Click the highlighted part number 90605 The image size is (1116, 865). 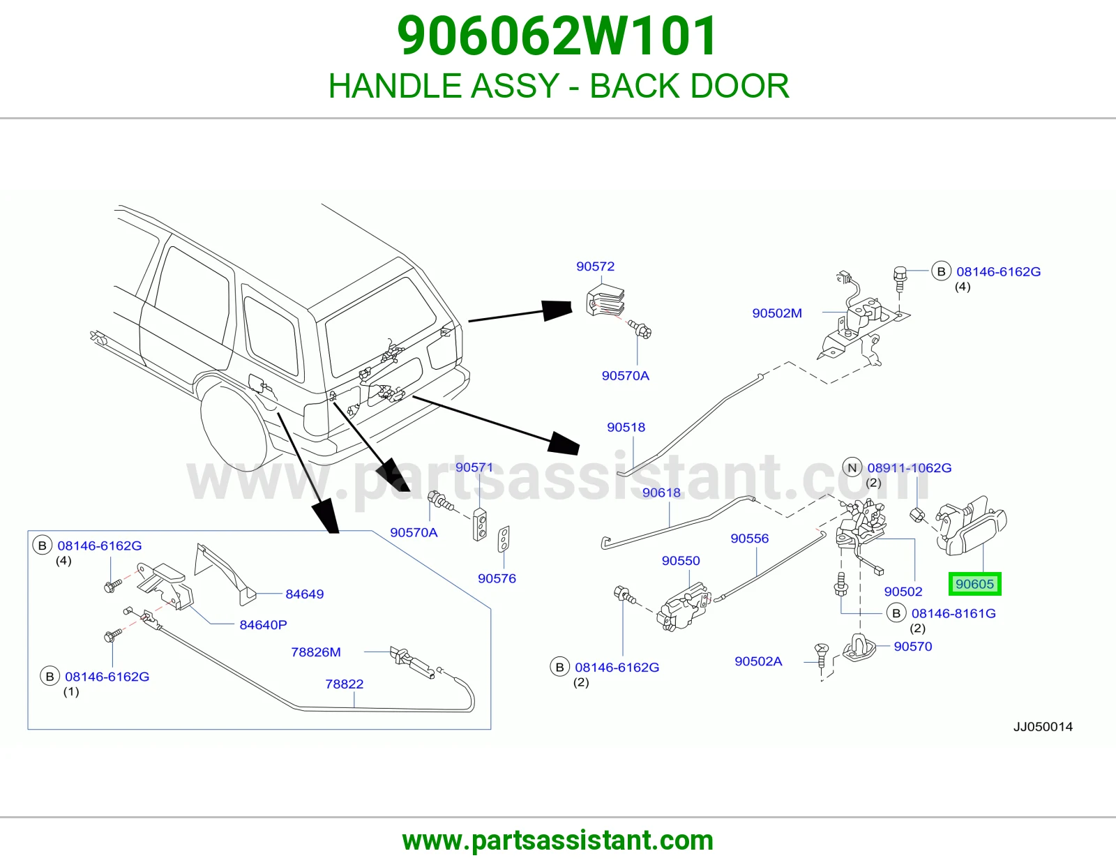click(x=974, y=584)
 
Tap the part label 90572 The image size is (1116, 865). click(x=595, y=266)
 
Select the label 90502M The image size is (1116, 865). click(x=777, y=313)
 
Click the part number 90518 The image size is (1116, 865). click(x=626, y=427)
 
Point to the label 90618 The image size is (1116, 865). click(x=661, y=492)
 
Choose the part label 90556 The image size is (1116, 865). click(x=750, y=539)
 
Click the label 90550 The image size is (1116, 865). click(x=681, y=560)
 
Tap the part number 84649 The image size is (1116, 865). click(x=305, y=594)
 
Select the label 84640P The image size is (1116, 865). click(x=264, y=624)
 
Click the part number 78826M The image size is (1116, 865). click(x=316, y=652)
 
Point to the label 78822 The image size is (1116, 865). click(x=344, y=684)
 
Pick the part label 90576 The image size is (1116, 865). click(x=497, y=578)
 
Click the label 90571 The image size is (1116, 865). click(x=474, y=467)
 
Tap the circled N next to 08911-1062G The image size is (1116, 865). click(x=852, y=468)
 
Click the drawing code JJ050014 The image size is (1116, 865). click(x=1043, y=727)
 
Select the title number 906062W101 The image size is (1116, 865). click(x=557, y=36)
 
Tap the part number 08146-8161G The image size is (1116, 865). click(x=953, y=613)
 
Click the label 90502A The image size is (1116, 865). click(x=759, y=661)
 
